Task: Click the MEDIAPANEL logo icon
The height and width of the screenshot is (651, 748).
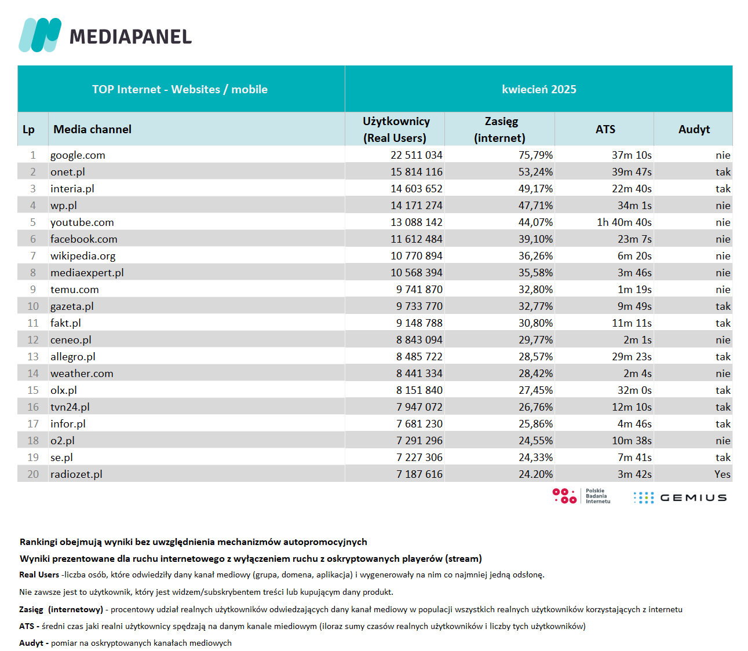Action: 40,35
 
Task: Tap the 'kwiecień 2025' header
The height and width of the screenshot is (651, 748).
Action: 538,89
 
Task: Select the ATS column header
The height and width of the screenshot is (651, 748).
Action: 605,129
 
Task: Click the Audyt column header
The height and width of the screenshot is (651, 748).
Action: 694,129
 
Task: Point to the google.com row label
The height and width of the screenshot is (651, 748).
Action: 78,155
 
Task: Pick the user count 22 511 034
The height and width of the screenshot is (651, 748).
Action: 416,155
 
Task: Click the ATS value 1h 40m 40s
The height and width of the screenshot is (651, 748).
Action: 624,222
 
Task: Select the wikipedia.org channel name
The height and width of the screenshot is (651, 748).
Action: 83,256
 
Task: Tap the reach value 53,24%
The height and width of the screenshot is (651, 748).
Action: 535,172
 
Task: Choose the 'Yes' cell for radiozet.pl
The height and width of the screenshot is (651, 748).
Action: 723,474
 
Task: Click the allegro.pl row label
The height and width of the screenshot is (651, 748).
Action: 73,357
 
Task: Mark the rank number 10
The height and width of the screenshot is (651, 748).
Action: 33,306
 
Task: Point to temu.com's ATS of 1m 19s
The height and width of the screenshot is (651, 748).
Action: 634,290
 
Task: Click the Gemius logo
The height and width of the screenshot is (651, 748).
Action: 680,498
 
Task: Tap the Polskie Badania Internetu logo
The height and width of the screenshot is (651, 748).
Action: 581,496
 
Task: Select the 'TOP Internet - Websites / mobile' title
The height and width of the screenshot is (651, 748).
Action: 180,89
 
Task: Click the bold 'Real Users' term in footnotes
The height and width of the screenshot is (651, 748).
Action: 39,575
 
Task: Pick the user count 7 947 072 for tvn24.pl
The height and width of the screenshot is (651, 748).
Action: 419,407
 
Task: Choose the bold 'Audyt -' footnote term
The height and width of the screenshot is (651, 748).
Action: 34,643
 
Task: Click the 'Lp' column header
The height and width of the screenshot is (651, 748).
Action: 28,130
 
